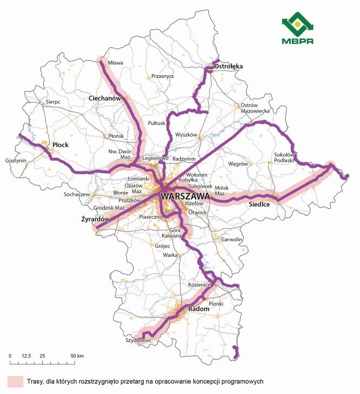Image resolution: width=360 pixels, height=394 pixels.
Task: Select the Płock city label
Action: click(x=61, y=145)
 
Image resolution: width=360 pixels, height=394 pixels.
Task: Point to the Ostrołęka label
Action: click(x=229, y=66)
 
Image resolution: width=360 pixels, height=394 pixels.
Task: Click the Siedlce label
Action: click(x=259, y=205)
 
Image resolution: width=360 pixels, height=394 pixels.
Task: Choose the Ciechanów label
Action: click(x=104, y=98)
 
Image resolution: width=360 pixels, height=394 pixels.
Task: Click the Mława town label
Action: click(x=116, y=63)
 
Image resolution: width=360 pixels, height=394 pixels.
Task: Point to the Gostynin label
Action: click(x=15, y=161)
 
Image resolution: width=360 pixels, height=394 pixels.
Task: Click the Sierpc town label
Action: click(x=54, y=101)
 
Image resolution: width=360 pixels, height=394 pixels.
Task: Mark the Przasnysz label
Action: click(x=163, y=76)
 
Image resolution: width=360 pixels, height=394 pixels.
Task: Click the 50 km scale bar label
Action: click(x=77, y=356)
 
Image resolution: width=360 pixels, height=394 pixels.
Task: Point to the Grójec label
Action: click(x=162, y=246)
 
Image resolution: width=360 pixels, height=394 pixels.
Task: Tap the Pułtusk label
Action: click(x=157, y=123)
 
